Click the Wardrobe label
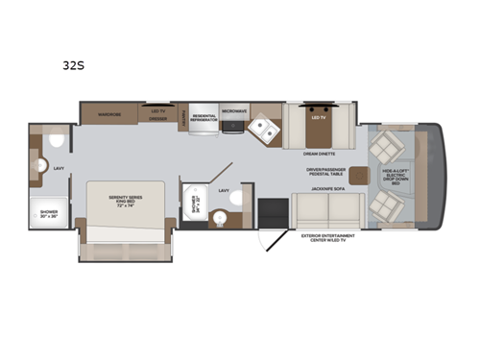pyautogui.click(x=107, y=113)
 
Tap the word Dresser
pyautogui.click(x=157, y=122)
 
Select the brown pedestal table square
pyautogui.click(x=360, y=174)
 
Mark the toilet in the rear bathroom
pyautogui.click(x=54, y=141)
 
